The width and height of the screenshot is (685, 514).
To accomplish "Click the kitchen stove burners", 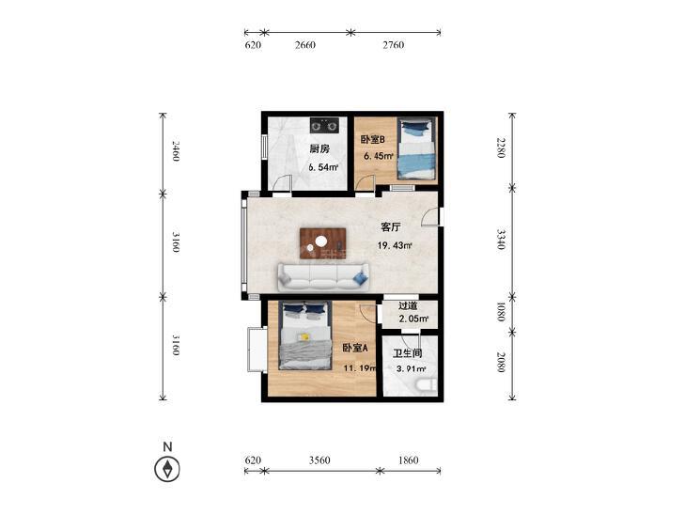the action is pyautogui.click(x=324, y=125).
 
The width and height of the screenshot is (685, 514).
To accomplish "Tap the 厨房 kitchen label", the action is pyautogui.click(x=319, y=148).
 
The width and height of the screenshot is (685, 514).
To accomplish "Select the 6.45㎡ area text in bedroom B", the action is pyautogui.click(x=379, y=156).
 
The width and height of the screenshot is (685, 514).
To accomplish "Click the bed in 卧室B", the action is pyautogui.click(x=416, y=148).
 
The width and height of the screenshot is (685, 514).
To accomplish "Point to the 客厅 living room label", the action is pyautogui.click(x=391, y=227).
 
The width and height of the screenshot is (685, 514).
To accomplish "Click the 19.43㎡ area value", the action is pyautogui.click(x=395, y=245).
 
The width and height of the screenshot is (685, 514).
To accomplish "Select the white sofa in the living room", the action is pyautogui.click(x=323, y=277).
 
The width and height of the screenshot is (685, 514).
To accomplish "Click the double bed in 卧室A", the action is pyautogui.click(x=304, y=335).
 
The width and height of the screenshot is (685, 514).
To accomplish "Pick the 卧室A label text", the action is pyautogui.click(x=355, y=348).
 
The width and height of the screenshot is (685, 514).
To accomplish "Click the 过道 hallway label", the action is pyautogui.click(x=408, y=306).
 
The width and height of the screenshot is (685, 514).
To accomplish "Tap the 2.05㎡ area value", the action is pyautogui.click(x=413, y=319).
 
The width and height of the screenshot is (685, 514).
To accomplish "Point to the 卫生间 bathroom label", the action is pyautogui.click(x=407, y=353).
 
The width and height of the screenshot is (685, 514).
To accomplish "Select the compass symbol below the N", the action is pyautogui.click(x=167, y=469).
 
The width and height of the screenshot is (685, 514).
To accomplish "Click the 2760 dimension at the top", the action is pyautogui.click(x=393, y=44).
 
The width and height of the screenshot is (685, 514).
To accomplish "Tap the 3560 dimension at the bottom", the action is pyautogui.click(x=319, y=459).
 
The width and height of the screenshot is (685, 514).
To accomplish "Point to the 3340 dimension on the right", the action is pyautogui.click(x=501, y=239).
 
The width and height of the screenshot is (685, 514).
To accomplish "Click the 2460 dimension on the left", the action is pyautogui.click(x=175, y=150).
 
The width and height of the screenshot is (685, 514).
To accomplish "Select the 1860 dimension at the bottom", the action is pyautogui.click(x=408, y=459).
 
